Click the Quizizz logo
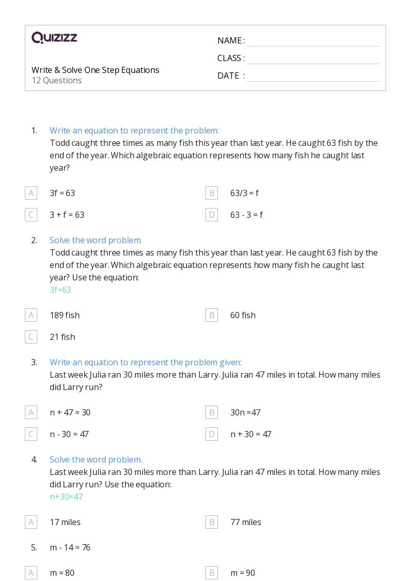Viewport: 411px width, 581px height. (x=54, y=38)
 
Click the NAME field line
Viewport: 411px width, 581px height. (x=313, y=41)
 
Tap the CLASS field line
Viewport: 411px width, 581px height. (x=313, y=59)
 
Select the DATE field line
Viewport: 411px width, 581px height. (x=313, y=77)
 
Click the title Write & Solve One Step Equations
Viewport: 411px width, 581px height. (x=95, y=70)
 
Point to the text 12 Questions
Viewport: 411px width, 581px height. (x=56, y=80)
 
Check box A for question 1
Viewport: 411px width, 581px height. (x=31, y=193)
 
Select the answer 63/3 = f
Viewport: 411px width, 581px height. (x=244, y=193)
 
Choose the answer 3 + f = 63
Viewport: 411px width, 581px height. (x=67, y=215)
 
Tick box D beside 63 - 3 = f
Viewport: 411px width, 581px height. (x=212, y=215)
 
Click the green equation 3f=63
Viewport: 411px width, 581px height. (x=60, y=290)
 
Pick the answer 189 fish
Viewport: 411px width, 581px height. (x=65, y=315)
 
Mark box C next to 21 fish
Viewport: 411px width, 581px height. (x=31, y=337)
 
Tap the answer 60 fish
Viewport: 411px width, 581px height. (x=243, y=315)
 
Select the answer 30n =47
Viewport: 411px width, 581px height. (x=245, y=412)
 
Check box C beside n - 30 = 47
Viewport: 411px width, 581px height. (x=31, y=434)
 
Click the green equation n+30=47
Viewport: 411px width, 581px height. (x=66, y=497)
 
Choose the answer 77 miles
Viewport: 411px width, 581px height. (x=245, y=522)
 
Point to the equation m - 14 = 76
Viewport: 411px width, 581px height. (x=70, y=547)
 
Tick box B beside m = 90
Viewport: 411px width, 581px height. (x=212, y=573)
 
